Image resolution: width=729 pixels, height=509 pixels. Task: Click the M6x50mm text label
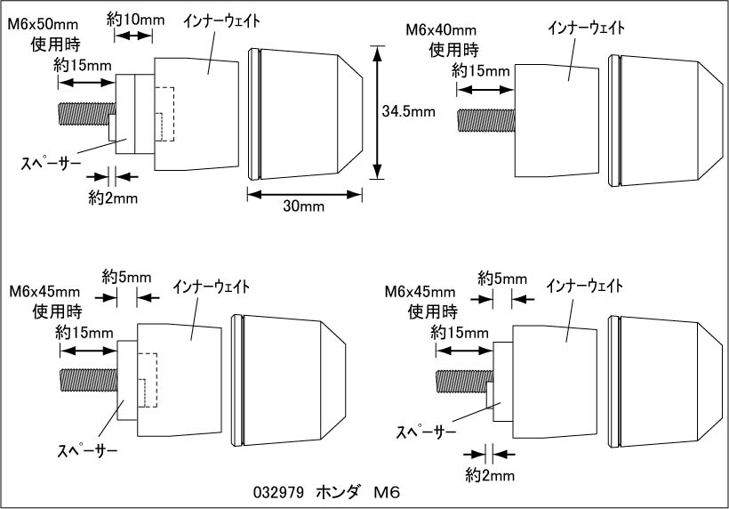click(x=43, y=26)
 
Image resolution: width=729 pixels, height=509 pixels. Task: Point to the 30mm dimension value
click(x=302, y=206)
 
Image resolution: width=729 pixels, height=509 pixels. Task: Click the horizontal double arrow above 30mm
click(x=305, y=191)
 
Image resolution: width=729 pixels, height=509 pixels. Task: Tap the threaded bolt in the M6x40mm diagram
click(x=485, y=120)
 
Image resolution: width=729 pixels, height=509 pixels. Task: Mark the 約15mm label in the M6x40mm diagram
click(x=480, y=69)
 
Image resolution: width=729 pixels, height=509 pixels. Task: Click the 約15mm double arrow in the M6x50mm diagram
click(x=87, y=82)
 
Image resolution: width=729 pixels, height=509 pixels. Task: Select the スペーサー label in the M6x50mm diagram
click(x=50, y=163)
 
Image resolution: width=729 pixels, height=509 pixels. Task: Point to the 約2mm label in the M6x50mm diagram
click(x=113, y=198)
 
